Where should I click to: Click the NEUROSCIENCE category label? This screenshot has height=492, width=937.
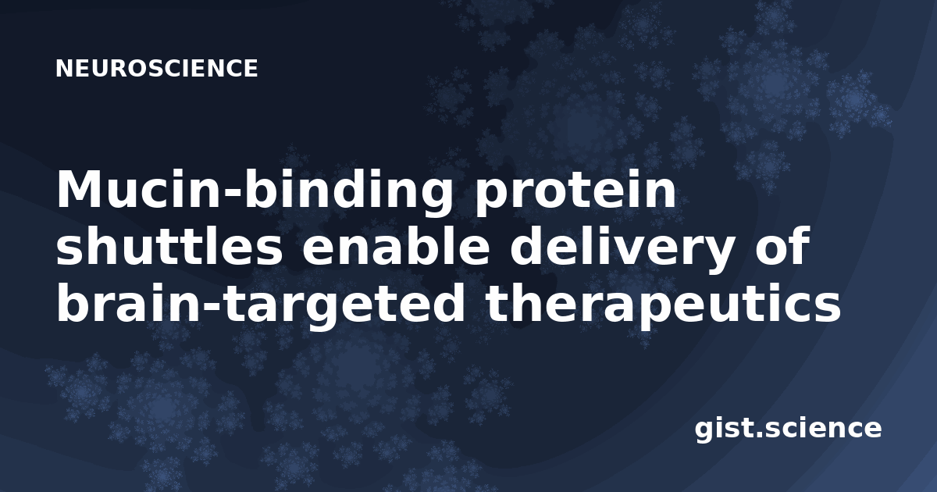156,68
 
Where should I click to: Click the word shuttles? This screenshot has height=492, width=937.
169,246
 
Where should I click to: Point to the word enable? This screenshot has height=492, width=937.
395,246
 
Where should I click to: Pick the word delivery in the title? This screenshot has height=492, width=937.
621,250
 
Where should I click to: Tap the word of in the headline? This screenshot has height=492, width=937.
782,246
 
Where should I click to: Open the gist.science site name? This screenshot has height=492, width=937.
788,430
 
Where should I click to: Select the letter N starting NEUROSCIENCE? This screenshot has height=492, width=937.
64,68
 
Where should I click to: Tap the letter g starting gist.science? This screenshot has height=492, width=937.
704,431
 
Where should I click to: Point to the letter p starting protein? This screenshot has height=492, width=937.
491,198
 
